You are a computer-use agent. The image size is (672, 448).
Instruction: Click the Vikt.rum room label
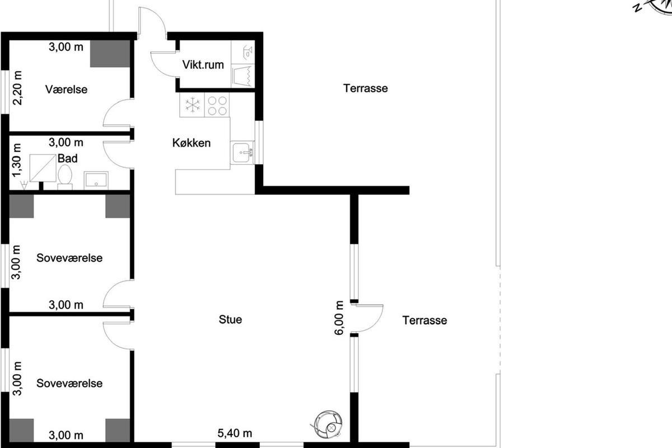(203, 65)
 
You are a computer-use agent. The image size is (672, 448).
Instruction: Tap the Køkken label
(192, 143)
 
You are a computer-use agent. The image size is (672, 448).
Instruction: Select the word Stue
(230, 319)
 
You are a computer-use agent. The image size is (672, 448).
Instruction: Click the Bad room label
(68, 158)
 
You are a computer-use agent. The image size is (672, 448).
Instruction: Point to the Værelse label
(66, 90)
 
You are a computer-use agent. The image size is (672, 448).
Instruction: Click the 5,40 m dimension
(235, 433)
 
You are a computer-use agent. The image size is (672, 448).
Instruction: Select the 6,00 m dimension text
(339, 318)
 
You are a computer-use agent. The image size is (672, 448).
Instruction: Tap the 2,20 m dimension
(17, 88)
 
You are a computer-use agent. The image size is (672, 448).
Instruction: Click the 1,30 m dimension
(17, 160)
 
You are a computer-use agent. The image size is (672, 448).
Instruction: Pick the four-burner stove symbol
(217, 105)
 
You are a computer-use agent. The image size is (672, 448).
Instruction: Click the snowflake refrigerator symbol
(192, 105)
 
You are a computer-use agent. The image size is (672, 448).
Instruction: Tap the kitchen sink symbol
(242, 153)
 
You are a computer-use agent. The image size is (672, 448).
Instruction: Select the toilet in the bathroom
(65, 178)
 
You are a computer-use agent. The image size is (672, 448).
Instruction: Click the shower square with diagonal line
(43, 168)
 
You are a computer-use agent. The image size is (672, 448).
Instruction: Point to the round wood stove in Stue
(327, 424)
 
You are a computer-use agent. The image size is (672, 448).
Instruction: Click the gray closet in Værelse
(110, 54)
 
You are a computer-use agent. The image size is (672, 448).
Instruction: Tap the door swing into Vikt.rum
(163, 64)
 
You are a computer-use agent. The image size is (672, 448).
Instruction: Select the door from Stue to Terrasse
(367, 319)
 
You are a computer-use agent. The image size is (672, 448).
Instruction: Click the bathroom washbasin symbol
(96, 180)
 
